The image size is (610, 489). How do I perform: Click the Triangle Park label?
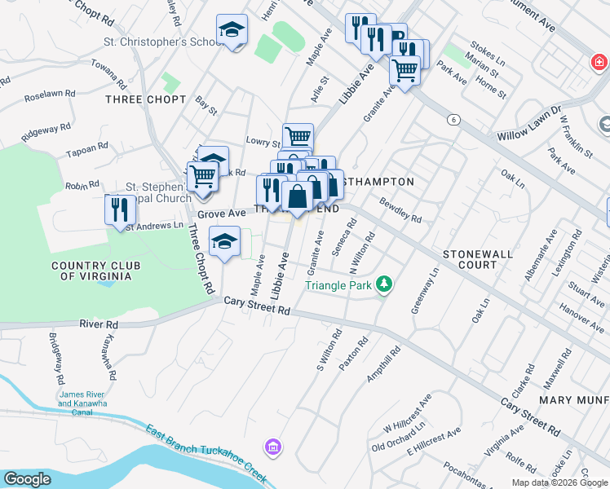tap(338, 285)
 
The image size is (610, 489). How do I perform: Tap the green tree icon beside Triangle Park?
tap(383, 284)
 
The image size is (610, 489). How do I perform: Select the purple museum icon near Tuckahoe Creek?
tap(272, 447)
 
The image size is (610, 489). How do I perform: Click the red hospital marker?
tap(599, 61)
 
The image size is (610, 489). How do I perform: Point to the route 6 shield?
tap(453, 120)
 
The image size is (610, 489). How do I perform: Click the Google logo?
tap(28, 479)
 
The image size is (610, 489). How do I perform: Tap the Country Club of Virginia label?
tap(95, 271)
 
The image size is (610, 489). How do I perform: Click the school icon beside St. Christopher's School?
tap(232, 31)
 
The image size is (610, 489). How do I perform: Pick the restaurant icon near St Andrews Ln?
tap(120, 209)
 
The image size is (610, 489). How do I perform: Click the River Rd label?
tap(99, 324)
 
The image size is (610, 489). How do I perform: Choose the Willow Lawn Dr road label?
tap(530, 121)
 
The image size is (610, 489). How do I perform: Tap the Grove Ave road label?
tap(222, 214)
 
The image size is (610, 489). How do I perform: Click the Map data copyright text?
tap(560, 482)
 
